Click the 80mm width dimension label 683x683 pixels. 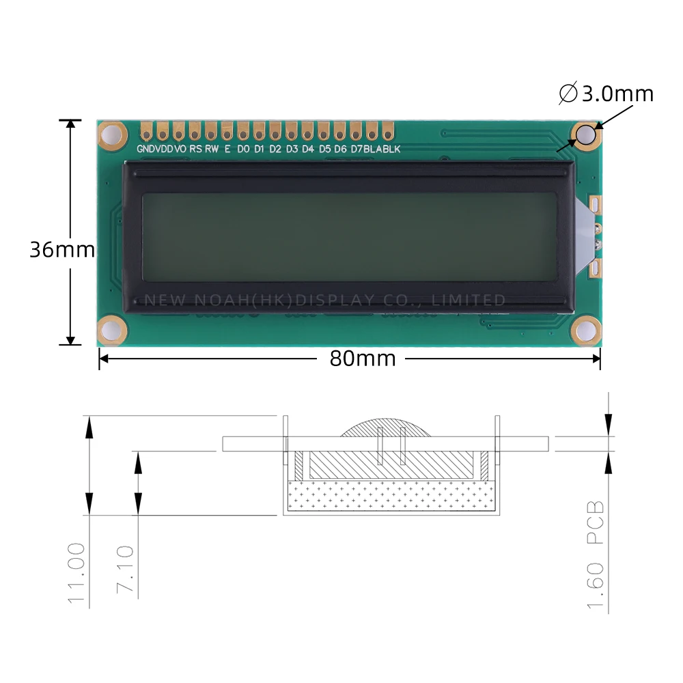pos(362,358)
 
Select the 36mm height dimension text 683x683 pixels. pos(61,250)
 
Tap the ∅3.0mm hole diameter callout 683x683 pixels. pos(607,94)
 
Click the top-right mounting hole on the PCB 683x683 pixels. pos(585,135)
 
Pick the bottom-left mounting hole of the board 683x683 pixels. pos(112,331)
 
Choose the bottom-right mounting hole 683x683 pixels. pos(585,331)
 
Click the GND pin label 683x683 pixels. pos(145,149)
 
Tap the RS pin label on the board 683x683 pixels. pos(195,149)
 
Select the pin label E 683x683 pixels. pos(227,149)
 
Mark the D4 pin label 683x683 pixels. pos(308,149)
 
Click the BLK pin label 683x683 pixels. pos(391,149)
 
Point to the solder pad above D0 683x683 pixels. pos(243,130)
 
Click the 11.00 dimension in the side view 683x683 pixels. pos(76,572)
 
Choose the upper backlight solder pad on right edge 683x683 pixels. pos(594,204)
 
